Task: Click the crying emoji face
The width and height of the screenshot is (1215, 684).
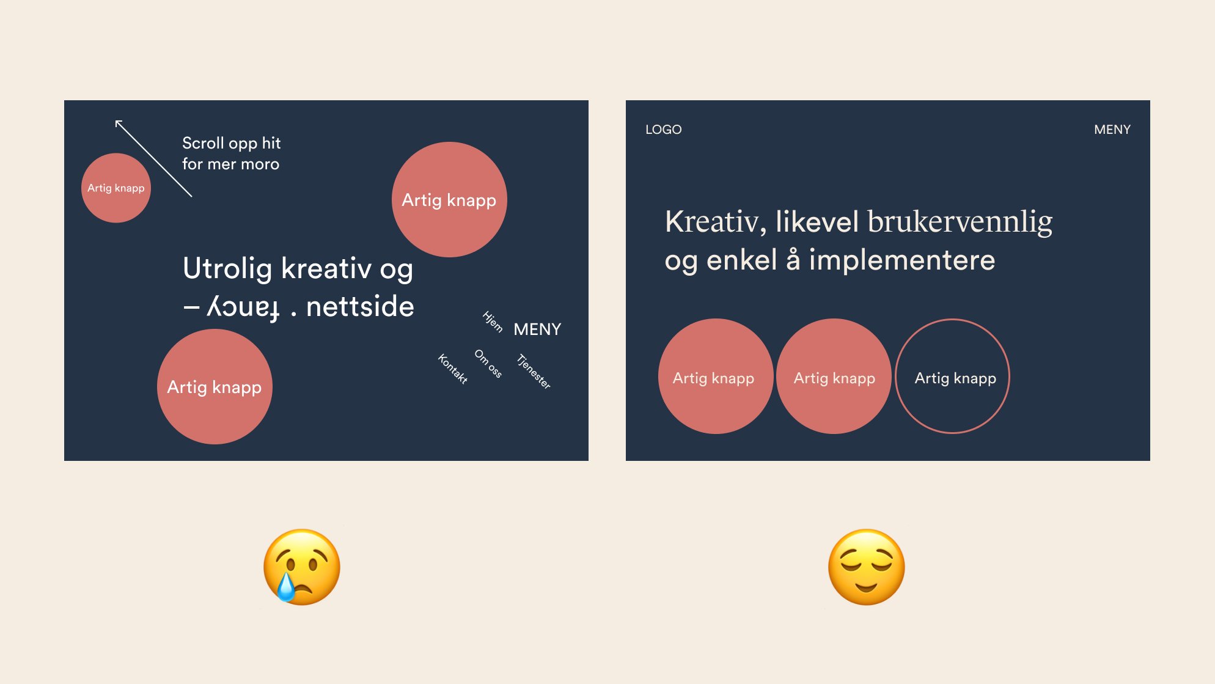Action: (301, 567)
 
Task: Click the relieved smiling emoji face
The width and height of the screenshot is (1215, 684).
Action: (866, 567)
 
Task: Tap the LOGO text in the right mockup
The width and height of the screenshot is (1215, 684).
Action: (663, 130)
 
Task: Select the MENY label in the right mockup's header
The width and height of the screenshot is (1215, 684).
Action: (1112, 130)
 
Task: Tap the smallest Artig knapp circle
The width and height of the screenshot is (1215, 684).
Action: (116, 188)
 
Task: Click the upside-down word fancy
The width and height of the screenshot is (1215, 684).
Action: (244, 307)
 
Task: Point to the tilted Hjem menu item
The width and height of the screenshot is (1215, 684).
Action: (493, 322)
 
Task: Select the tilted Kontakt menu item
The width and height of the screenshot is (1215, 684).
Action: (453, 369)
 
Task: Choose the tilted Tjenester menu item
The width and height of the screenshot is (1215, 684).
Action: (534, 371)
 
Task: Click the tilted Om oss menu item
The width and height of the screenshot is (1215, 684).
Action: (488, 364)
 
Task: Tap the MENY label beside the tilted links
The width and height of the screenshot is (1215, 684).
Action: (537, 329)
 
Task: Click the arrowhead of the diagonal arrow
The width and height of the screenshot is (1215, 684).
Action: (118, 123)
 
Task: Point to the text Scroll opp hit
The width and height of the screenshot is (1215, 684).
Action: (231, 143)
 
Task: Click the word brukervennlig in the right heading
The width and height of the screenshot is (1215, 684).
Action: (960, 222)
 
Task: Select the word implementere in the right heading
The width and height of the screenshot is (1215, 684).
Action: (901, 260)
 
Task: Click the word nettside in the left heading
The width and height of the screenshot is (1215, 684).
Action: (360, 306)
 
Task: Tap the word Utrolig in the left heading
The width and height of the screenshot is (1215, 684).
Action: (227, 268)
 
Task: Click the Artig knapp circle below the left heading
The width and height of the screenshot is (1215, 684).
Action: (215, 387)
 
